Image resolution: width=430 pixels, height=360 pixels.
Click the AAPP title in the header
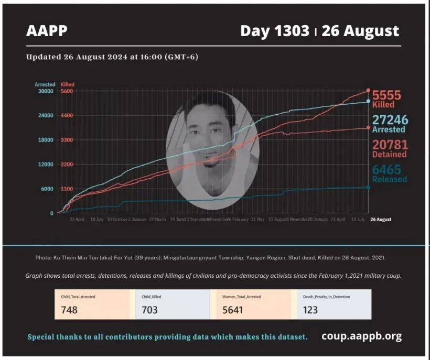tap(47, 31)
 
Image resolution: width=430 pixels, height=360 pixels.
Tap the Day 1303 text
tap(274, 31)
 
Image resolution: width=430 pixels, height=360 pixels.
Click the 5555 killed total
tap(386, 95)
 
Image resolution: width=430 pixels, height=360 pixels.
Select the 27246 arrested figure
tap(390, 120)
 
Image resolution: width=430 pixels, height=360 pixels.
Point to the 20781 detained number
tap(390, 145)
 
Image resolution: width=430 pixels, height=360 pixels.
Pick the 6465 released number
tap(386, 169)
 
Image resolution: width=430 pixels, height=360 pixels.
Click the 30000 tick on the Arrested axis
tap(45, 91)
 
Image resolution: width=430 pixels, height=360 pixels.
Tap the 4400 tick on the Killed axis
tap(67, 115)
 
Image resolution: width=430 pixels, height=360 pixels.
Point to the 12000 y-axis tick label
tap(45, 165)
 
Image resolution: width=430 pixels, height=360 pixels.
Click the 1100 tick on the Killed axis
tap(67, 189)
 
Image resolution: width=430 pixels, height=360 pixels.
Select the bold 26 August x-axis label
tap(380, 220)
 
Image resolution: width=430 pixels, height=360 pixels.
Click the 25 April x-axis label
tap(77, 220)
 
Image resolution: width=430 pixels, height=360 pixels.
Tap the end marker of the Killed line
tap(368, 91)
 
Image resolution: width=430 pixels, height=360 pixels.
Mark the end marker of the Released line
tap(368, 187)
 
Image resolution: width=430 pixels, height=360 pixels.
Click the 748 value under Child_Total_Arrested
tap(69, 310)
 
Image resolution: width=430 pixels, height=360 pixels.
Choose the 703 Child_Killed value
tap(149, 310)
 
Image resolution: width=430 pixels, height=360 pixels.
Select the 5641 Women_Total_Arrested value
tap(232, 310)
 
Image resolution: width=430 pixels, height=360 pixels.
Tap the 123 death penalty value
tap(310, 310)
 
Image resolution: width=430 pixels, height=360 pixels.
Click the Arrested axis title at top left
tap(45, 84)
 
